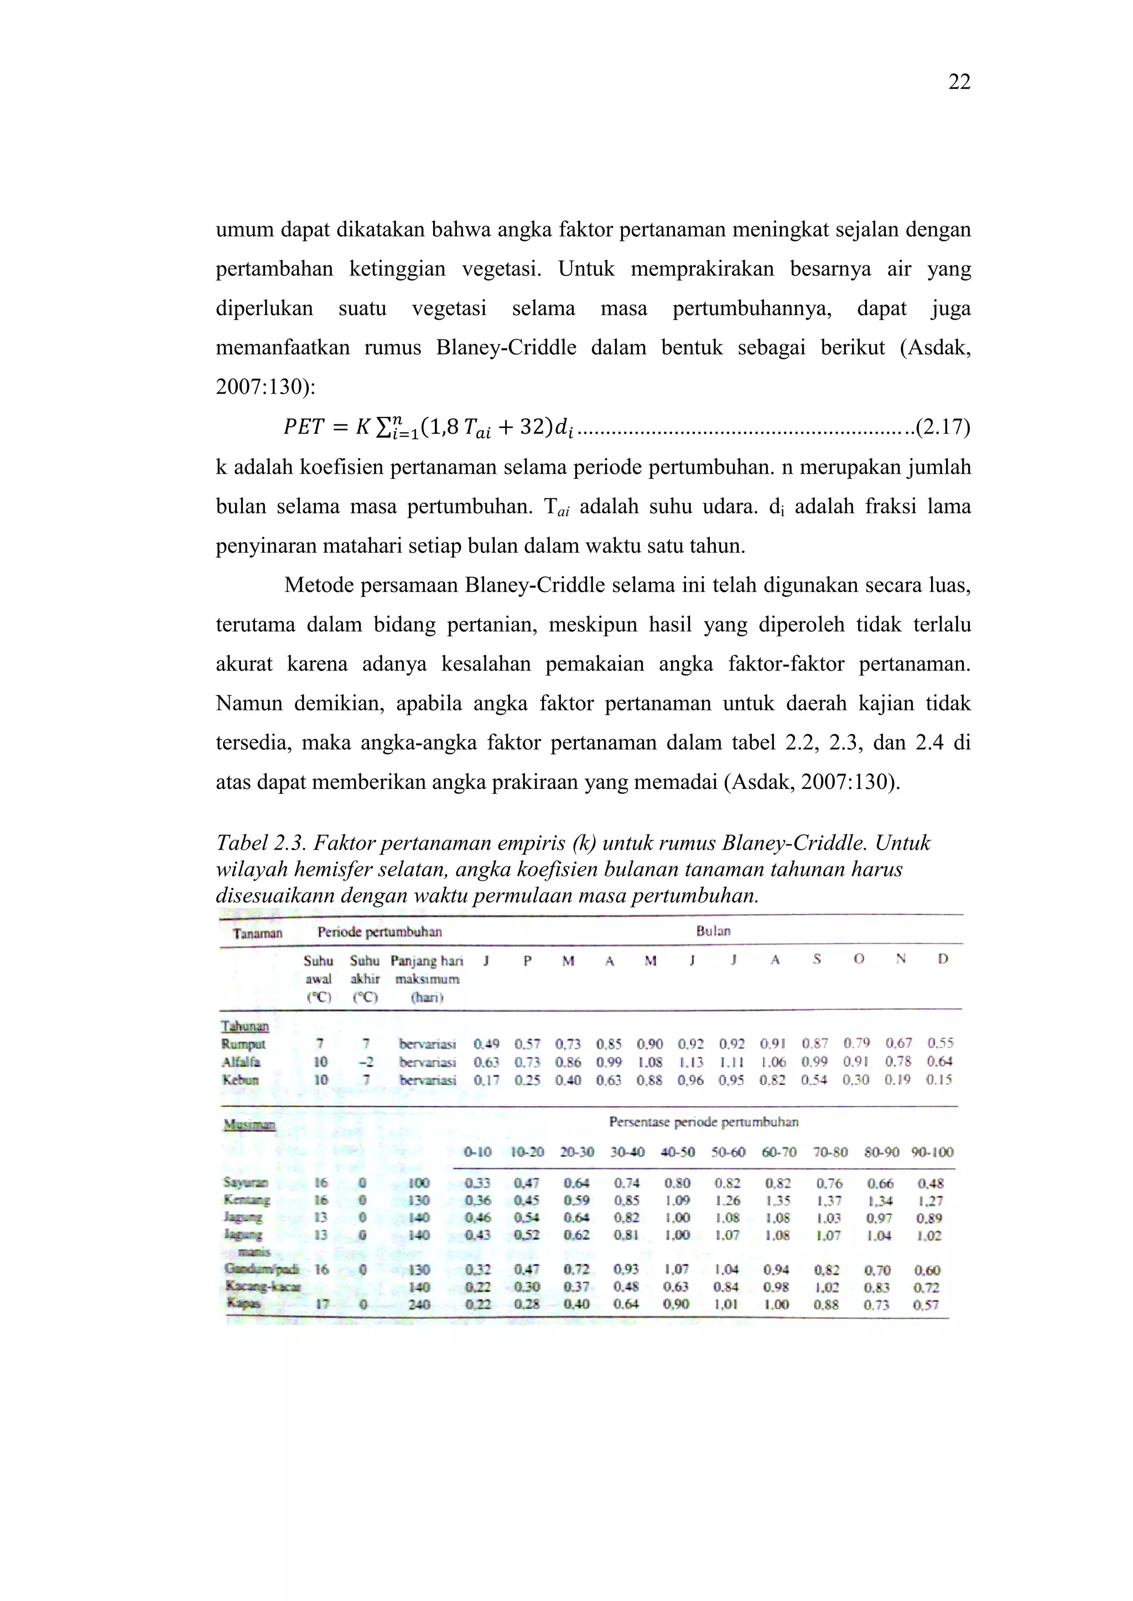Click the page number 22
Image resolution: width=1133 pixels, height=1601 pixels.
pyautogui.click(x=959, y=82)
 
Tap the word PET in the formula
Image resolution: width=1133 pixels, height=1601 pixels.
pyautogui.click(x=304, y=427)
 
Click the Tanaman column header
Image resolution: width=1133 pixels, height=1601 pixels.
pyautogui.click(x=257, y=933)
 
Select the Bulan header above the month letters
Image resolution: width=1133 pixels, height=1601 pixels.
pyautogui.click(x=713, y=931)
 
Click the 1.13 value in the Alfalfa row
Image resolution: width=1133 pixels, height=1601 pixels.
pyautogui.click(x=692, y=1062)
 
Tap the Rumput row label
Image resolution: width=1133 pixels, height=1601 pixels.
pyautogui.click(x=243, y=1044)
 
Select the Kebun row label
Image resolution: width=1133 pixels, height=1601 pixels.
pyautogui.click(x=241, y=1080)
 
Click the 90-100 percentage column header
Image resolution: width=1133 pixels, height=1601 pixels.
pyautogui.click(x=932, y=1153)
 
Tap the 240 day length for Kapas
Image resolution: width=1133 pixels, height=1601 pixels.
pyautogui.click(x=419, y=1304)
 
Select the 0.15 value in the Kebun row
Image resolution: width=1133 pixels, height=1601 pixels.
pyautogui.click(x=939, y=1080)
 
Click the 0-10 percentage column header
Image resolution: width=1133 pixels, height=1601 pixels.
pyautogui.click(x=478, y=1153)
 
